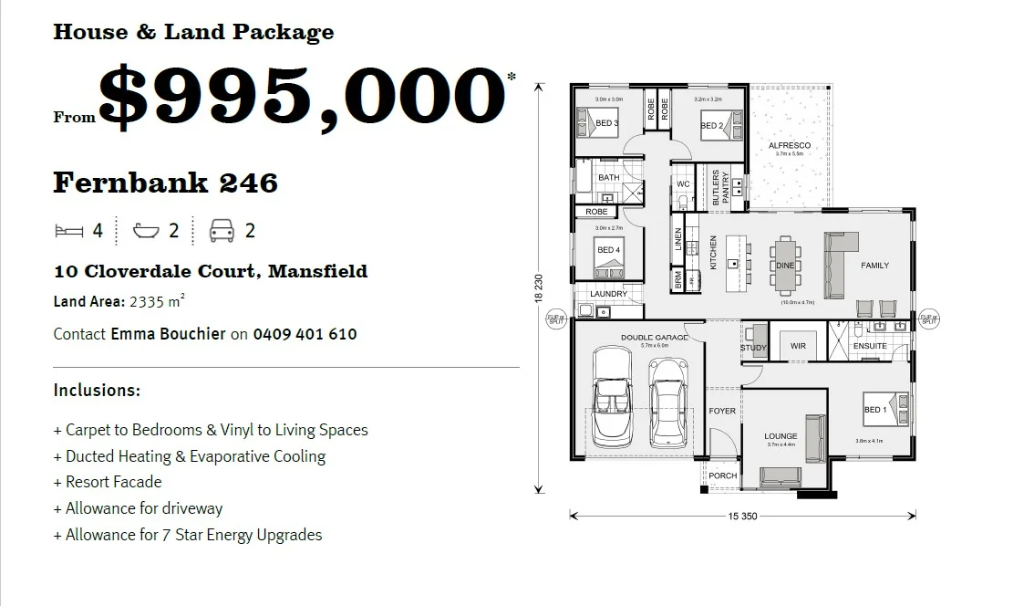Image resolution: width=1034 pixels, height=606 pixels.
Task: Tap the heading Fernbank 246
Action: click(165, 183)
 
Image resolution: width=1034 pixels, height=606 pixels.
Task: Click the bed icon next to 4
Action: click(68, 231)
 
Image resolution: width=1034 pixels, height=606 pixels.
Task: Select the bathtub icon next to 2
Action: click(146, 231)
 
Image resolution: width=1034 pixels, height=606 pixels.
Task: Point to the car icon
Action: click(222, 231)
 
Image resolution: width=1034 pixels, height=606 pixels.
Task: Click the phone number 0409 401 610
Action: click(305, 334)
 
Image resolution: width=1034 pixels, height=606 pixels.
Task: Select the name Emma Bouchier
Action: click(168, 334)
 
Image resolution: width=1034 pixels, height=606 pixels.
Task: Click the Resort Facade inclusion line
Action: click(113, 482)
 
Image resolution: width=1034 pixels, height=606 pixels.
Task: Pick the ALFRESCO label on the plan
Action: click(789, 145)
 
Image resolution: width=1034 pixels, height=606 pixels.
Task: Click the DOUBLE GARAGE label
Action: click(655, 337)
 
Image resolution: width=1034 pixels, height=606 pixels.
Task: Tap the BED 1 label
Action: click(874, 410)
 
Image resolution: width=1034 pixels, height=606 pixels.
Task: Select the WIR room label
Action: click(799, 347)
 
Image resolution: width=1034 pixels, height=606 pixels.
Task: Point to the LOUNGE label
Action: click(781, 436)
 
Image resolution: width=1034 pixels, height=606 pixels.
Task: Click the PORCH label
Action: click(723, 475)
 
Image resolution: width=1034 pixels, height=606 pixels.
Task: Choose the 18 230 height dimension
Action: click(539, 288)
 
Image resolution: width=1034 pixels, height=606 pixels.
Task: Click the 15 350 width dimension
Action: click(743, 517)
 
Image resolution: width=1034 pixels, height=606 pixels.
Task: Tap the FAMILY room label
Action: click(874, 266)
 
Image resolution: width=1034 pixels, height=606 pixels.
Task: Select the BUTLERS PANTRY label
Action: click(720, 186)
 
